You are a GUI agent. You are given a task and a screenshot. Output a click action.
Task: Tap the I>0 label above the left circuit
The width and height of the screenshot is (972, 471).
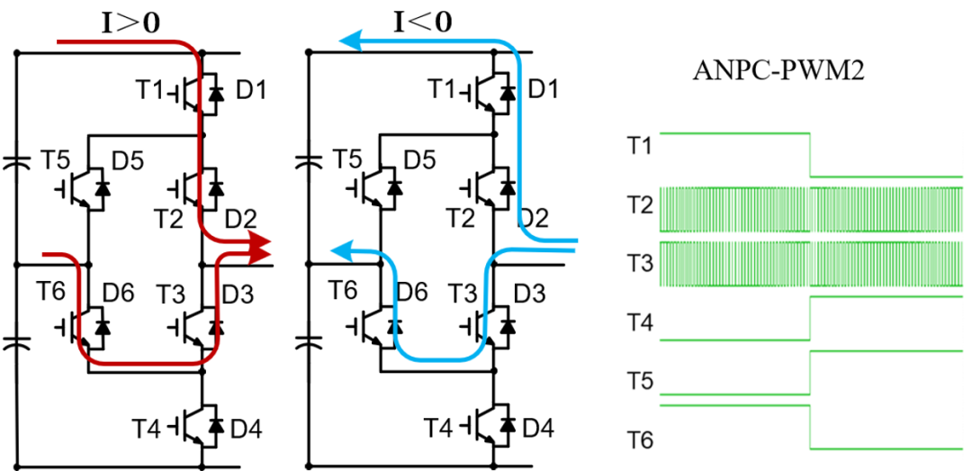point(130,23)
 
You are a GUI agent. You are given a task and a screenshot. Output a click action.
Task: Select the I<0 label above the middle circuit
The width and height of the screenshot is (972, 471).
point(423,23)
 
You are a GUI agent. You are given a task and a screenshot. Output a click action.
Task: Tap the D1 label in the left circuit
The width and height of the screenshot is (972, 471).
point(251,92)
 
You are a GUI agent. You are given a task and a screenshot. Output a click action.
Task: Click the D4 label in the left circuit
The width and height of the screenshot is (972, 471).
point(246,428)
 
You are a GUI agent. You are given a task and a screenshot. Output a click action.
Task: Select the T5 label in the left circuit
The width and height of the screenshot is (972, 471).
point(57,161)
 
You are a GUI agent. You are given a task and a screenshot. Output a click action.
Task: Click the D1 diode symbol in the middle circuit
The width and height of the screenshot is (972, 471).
point(508,94)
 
